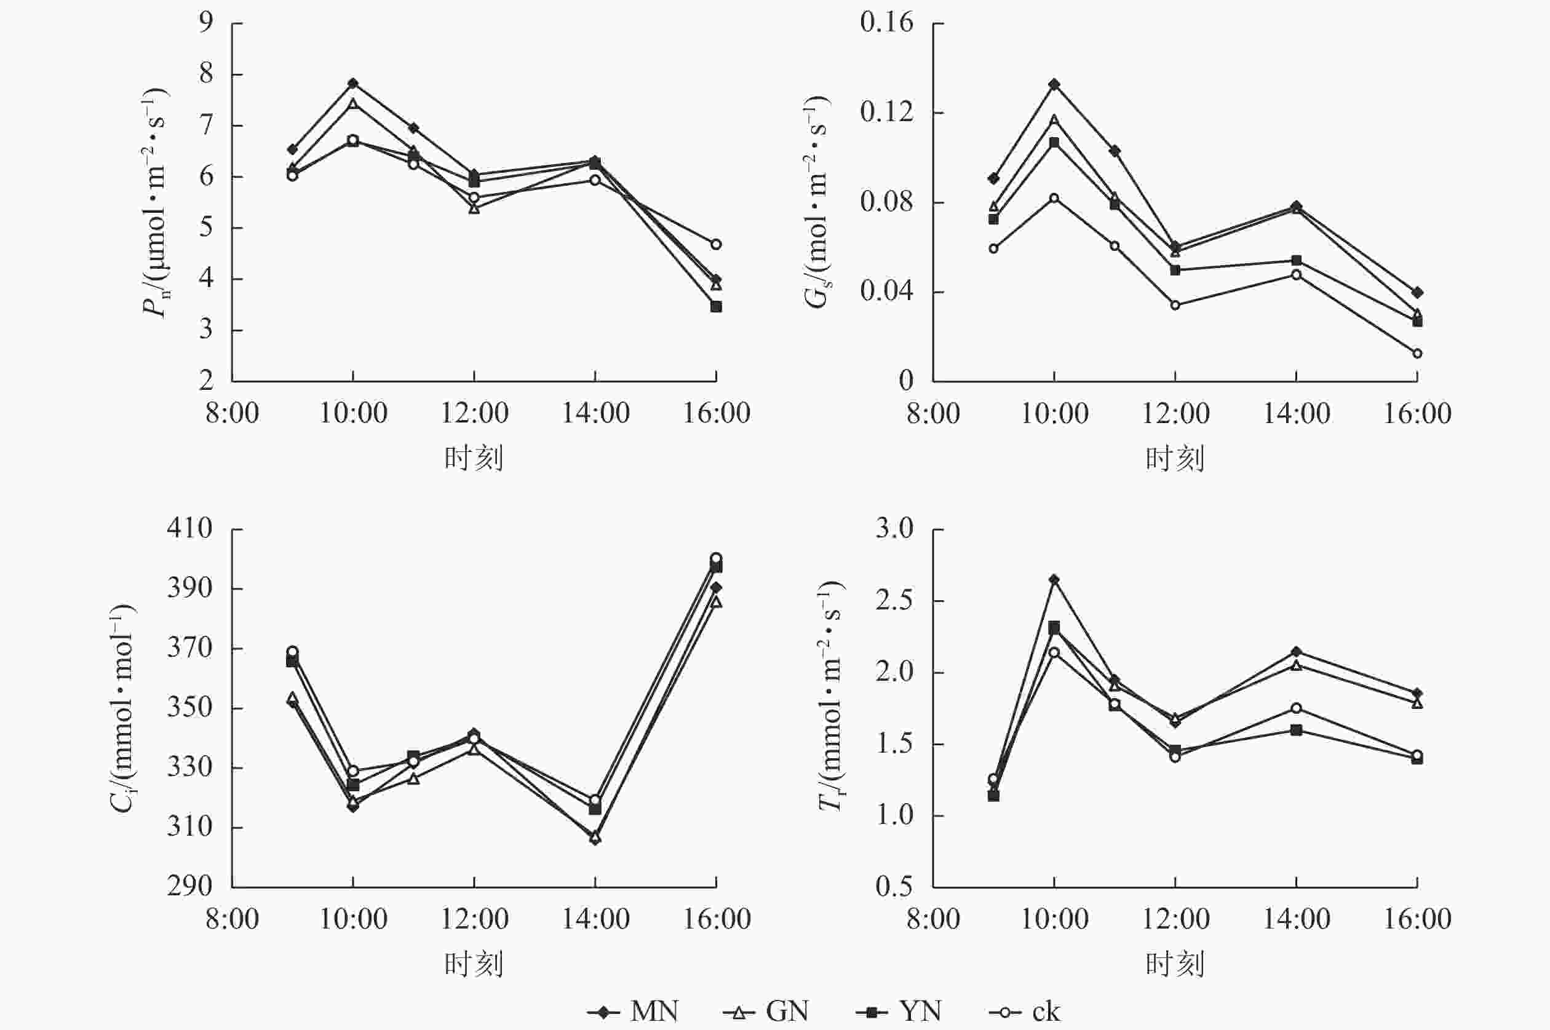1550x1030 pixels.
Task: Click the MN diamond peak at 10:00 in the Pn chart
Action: [353, 84]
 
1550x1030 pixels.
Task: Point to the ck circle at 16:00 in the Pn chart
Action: [716, 244]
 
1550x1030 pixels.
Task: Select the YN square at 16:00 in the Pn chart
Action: [716, 307]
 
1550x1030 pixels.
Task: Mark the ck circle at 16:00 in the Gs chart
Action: [1417, 354]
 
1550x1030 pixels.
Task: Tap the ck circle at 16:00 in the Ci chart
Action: [716, 558]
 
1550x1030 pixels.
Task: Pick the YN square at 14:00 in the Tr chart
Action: [1297, 730]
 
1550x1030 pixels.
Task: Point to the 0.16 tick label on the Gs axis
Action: [886, 23]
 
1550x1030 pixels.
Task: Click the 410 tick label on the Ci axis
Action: [190, 529]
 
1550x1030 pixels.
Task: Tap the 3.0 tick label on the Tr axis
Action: [894, 529]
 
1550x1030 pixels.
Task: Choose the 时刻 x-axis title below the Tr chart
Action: [1175, 964]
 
